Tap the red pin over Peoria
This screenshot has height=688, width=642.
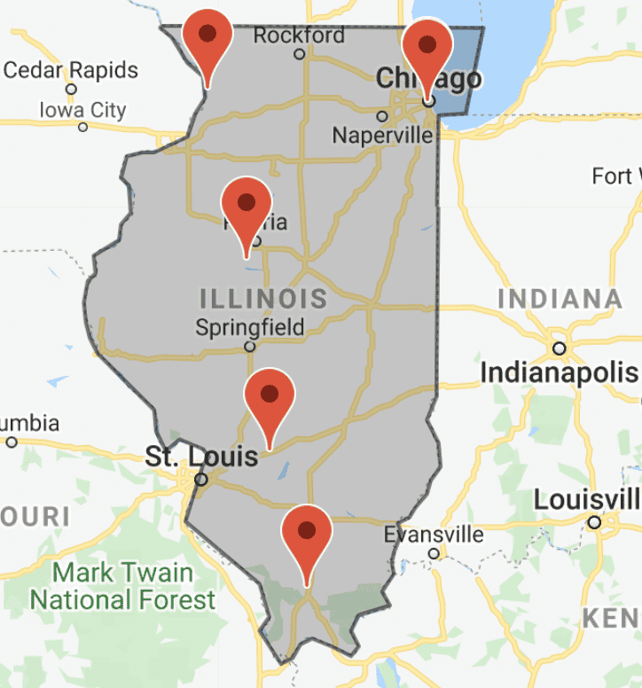click(x=246, y=204)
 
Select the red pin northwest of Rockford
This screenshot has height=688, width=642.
click(x=207, y=35)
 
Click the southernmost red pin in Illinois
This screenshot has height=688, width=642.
click(x=306, y=532)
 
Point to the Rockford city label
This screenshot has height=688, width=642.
click(x=299, y=35)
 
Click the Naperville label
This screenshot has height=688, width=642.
click(x=382, y=136)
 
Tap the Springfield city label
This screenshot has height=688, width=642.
click(x=249, y=327)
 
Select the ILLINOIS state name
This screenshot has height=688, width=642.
click(x=263, y=298)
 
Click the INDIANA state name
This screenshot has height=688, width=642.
click(x=560, y=299)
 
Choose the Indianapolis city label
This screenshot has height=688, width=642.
click(x=559, y=373)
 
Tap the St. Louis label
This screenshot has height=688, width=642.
click(x=201, y=457)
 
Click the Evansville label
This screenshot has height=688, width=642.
click(x=434, y=535)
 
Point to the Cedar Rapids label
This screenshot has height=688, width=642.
click(x=71, y=69)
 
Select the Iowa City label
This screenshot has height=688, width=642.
click(x=82, y=111)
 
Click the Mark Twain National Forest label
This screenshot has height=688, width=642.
click(x=123, y=585)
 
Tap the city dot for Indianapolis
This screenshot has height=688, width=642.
click(x=560, y=348)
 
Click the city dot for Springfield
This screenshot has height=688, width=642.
click(x=250, y=347)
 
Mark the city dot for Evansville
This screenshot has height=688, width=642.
click(x=434, y=554)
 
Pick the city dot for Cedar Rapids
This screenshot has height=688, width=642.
click(x=71, y=89)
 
